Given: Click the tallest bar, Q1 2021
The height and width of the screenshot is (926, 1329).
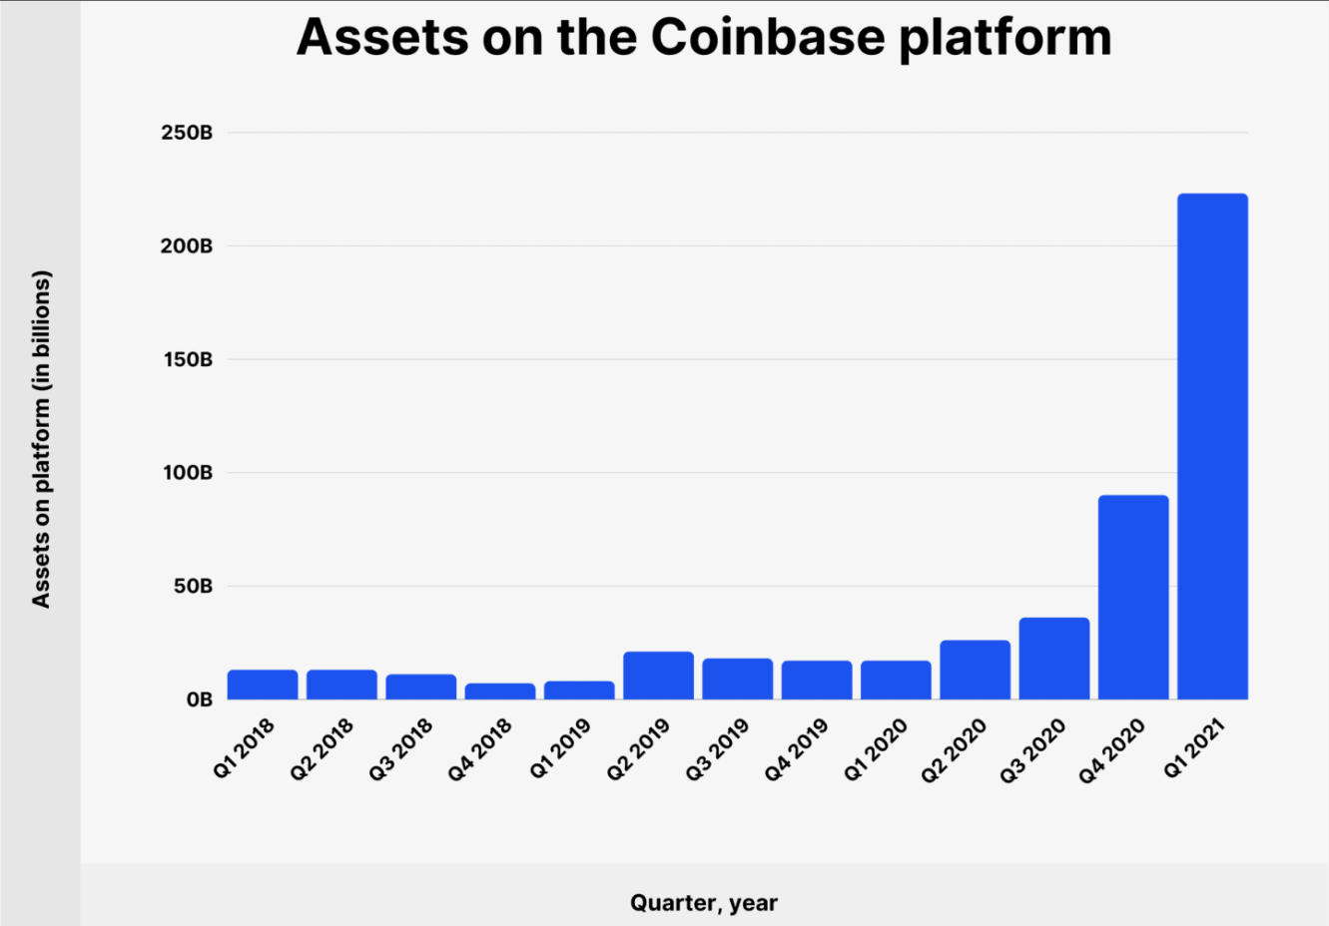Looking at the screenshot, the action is click(x=1213, y=446).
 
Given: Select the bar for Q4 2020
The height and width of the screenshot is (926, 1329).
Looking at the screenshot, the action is click(x=1133, y=598).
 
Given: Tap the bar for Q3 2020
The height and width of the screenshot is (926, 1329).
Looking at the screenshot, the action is click(x=1054, y=659).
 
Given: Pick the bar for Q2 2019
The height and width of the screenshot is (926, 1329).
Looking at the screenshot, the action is click(x=659, y=676).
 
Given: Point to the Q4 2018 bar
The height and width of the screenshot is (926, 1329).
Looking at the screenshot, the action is click(x=500, y=692).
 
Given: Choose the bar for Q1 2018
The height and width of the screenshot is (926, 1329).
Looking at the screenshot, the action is click(x=263, y=685).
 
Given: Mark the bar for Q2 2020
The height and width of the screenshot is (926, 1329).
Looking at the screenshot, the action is click(x=976, y=670).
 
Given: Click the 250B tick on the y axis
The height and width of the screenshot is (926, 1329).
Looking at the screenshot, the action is click(x=187, y=133).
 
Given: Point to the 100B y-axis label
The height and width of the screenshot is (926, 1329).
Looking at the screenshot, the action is click(x=187, y=473).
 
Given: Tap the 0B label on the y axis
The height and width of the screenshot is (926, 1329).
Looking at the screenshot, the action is click(x=200, y=700).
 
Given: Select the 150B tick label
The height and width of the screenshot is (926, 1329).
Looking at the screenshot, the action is click(x=188, y=360).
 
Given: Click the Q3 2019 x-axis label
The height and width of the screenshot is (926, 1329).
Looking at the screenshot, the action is click(x=717, y=750).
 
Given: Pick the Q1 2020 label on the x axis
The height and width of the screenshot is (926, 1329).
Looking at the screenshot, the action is click(x=876, y=750).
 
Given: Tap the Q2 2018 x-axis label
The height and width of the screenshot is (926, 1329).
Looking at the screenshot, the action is click(x=322, y=750).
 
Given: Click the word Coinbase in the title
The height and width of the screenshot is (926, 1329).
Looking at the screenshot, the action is click(x=768, y=37).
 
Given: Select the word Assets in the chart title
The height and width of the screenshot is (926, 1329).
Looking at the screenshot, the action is click(x=382, y=37).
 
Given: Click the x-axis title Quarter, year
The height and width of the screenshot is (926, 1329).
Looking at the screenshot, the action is click(x=704, y=903).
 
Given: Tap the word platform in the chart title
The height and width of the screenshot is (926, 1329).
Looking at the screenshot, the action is click(x=1005, y=39).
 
